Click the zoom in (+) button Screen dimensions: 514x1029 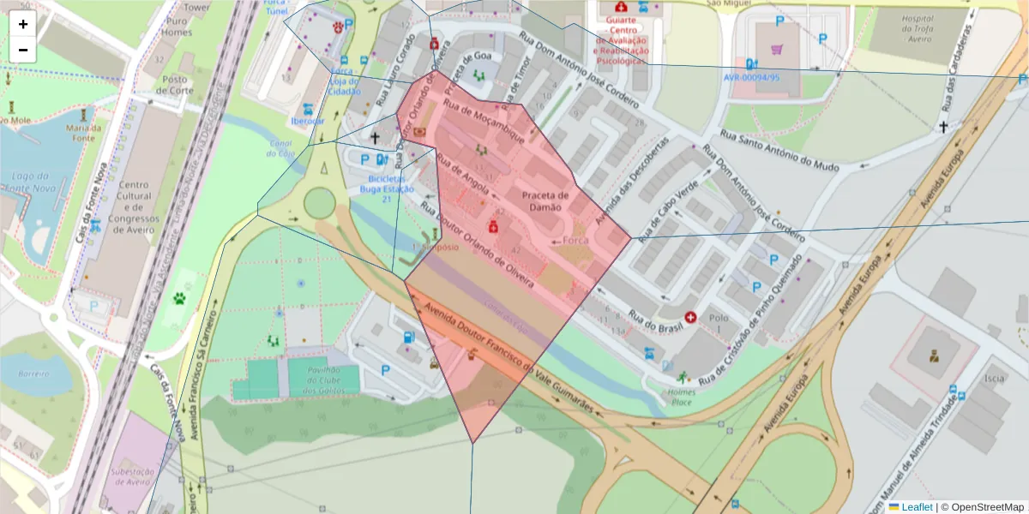point(23,24)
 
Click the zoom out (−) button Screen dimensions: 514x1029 point(23,50)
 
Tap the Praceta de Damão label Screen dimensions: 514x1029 point(545,201)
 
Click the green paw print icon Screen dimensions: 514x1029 point(180,299)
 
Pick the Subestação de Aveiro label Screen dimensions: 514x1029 point(132,476)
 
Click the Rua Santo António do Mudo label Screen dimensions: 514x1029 point(778,151)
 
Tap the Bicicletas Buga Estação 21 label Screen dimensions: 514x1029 point(386,188)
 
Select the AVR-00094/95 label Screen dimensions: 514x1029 point(752,77)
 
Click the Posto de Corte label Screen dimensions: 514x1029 point(177,85)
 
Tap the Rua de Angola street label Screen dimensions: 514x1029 point(462,173)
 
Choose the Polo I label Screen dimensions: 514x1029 point(718,322)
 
